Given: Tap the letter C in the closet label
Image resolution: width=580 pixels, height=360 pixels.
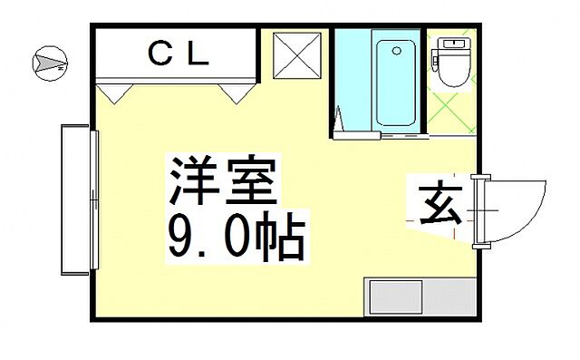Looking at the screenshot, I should (159, 55).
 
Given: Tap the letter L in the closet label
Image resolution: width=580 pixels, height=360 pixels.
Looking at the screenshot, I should (199, 55).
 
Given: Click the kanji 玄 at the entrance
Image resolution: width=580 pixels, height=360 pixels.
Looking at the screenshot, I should (440, 205).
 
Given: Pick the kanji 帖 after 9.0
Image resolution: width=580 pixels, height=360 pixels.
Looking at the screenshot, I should (278, 237).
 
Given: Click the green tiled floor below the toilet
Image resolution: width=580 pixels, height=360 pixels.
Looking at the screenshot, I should (450, 114).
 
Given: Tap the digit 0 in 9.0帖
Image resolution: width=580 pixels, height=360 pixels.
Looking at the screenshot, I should (229, 237).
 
